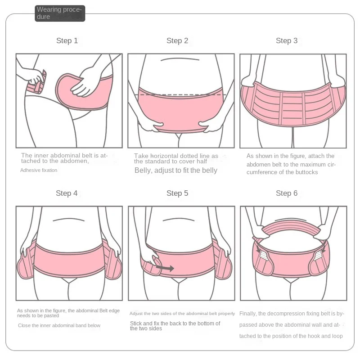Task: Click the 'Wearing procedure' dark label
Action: coord(59,13)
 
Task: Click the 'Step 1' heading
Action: coord(67,41)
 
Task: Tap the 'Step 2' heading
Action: coord(177,41)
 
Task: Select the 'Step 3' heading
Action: coord(287,41)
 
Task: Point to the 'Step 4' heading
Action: coord(67,193)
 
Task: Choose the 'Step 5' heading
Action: coord(177,193)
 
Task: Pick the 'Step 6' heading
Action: coord(287,193)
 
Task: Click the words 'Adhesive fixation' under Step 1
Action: coord(39,170)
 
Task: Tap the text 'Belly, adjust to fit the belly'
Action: coord(176,171)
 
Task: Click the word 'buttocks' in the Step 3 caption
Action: coord(307,172)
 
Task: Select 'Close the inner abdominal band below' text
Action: coord(59,325)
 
